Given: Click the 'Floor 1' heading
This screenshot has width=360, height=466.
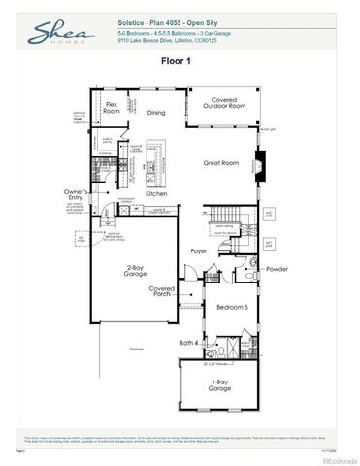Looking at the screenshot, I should tap(180, 60).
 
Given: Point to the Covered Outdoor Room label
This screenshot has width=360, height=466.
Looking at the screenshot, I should tap(221, 102).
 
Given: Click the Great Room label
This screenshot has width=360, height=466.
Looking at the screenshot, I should tap(220, 163).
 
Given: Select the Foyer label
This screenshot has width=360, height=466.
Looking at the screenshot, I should tap(198, 250).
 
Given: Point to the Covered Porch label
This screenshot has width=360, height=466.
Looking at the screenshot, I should tap(162, 291).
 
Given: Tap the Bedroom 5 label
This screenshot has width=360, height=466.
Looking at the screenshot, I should tap(232, 307).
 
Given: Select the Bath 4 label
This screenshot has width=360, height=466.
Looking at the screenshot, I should tap(189, 342).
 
